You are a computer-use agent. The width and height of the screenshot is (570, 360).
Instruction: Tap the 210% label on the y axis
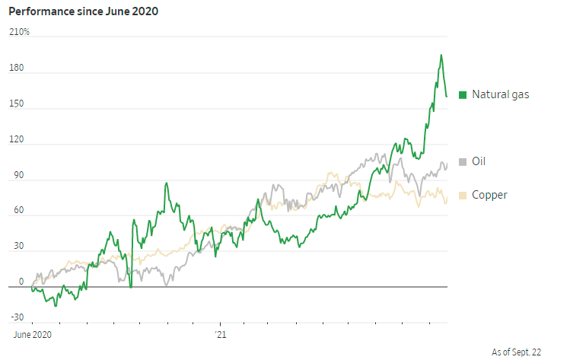pos(20,32)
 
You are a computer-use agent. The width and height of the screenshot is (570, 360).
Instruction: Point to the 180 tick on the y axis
pos(17,68)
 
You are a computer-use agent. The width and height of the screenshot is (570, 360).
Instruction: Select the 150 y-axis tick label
pos(17,104)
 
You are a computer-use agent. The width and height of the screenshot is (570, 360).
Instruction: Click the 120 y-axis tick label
pos(17,140)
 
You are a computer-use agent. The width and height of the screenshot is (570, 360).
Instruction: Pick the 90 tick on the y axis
pos(15,176)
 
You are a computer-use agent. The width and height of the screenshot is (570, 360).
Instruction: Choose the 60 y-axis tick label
pos(15,211)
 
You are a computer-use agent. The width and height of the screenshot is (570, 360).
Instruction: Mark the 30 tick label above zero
pos(15,247)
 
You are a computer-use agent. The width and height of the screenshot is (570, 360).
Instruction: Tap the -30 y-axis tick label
pos(16,317)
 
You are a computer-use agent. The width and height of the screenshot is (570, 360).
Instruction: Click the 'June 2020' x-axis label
pos(33,333)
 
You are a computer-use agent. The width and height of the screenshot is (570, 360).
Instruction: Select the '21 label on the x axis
pos(220,333)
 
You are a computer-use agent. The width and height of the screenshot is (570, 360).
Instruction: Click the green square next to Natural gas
pos(462,95)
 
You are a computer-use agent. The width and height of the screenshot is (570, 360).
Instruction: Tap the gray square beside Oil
pos(462,161)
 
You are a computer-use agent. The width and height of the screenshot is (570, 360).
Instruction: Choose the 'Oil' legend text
pos(479,161)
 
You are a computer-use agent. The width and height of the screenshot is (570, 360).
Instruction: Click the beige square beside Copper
pos(462,196)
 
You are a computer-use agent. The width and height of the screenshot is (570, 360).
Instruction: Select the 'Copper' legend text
pos(489,196)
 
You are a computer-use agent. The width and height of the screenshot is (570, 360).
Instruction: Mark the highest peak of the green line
pos(441,55)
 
